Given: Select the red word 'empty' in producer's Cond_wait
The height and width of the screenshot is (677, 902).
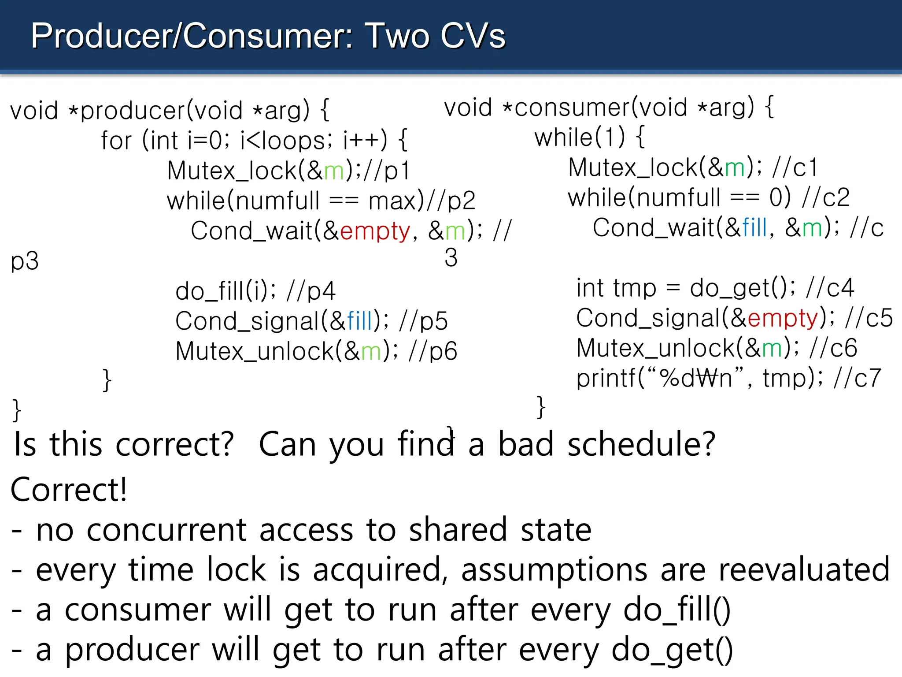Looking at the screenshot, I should point(375,231).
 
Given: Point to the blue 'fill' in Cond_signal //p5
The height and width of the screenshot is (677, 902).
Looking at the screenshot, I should point(360,321).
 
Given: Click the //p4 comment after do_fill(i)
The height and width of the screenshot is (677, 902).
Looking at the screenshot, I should point(311,291).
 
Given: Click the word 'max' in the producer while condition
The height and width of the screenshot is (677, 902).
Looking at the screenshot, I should point(392,201).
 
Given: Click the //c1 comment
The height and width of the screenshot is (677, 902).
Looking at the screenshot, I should point(795,168).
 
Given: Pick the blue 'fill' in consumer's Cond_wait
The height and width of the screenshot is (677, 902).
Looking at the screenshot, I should point(754,228).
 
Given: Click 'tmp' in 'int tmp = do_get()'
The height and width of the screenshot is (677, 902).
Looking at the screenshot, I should point(635,288).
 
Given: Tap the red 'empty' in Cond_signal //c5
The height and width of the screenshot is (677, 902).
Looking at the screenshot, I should point(783,318).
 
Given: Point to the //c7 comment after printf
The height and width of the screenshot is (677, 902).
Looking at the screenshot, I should point(857,378).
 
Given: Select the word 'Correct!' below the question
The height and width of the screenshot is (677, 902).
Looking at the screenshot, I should point(69,490).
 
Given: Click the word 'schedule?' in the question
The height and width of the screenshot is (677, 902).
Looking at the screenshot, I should point(641,444).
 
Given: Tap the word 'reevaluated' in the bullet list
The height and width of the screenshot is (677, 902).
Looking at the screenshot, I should point(804,569).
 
